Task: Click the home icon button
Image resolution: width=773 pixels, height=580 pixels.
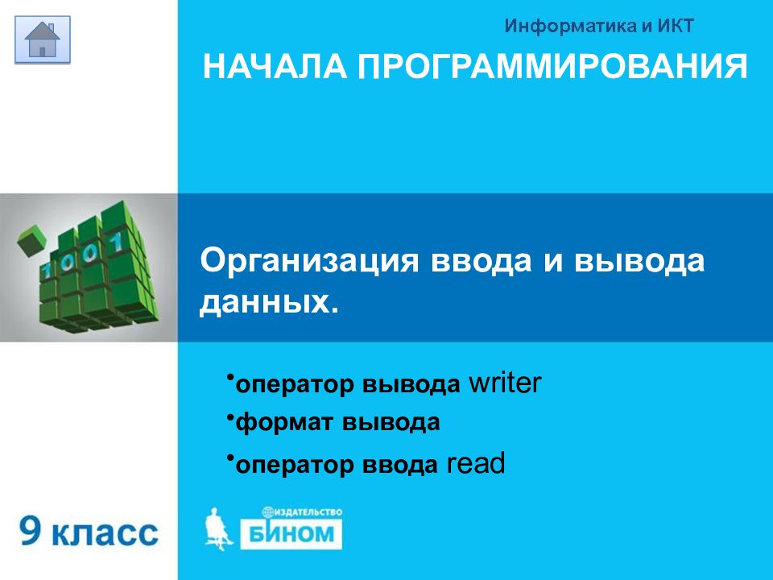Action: [43, 39]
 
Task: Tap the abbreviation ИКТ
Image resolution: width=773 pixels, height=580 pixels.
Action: [676, 26]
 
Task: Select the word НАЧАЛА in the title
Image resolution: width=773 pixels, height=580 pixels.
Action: [275, 67]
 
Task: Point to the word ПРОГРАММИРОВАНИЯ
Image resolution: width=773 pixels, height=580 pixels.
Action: [552, 67]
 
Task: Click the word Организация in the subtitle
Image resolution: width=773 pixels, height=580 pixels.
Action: [309, 260]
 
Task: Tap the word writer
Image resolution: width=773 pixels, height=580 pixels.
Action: [505, 383]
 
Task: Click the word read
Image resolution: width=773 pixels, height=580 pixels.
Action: [476, 464]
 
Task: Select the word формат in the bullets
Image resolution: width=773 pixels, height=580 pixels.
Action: [283, 423]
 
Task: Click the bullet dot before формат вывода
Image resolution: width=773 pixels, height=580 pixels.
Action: [229, 417]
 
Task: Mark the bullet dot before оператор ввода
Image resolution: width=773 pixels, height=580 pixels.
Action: [229, 458]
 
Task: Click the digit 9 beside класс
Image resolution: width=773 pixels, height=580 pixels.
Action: [31, 531]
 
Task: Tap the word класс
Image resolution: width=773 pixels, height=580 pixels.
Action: [105, 533]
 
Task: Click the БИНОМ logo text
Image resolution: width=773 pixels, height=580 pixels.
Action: [291, 533]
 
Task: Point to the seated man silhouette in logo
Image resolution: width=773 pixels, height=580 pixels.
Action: [217, 528]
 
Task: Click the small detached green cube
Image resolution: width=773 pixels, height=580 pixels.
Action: [31, 241]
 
